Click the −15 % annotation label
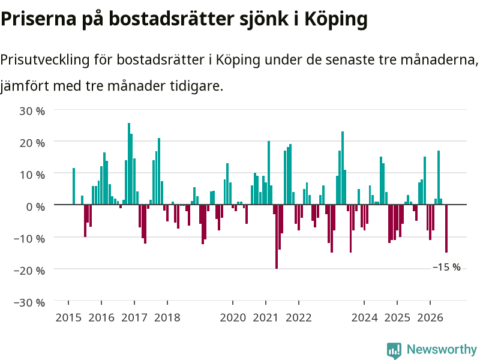coord(446,267)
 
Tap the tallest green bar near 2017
coord(129,164)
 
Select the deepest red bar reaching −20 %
coord(277,236)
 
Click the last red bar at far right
coord(446,229)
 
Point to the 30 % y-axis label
coord(32,111)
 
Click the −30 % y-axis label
coord(29,303)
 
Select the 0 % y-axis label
coord(35,207)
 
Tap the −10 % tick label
coord(29,239)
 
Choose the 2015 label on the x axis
coord(68,318)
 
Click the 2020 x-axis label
coord(233,318)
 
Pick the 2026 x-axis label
coord(430,318)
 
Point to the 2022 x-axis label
coord(299,318)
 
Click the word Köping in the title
coord(336,20)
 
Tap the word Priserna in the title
coord(38,19)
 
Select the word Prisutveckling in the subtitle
coord(44,60)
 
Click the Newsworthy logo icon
coord(394,350)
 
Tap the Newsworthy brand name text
coord(442,349)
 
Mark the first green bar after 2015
coord(74,186)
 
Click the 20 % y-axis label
coord(32,143)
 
